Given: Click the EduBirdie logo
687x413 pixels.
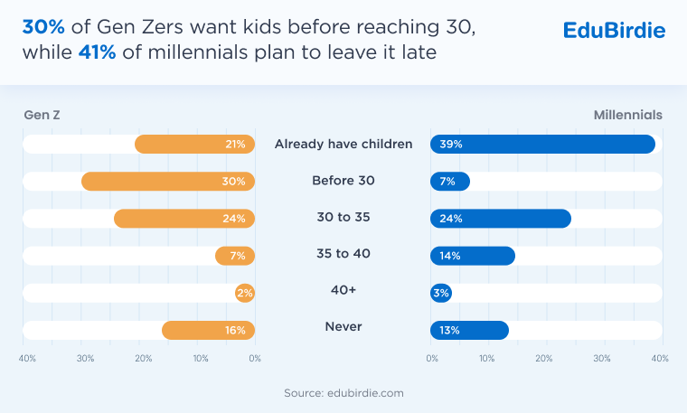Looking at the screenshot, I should [x=614, y=30].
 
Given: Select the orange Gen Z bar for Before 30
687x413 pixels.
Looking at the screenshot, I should [x=168, y=182].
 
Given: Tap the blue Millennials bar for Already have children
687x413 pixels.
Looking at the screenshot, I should [x=542, y=145].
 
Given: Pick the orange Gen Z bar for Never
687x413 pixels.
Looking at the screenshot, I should [x=208, y=330].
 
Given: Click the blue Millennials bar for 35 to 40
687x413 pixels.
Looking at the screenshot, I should [x=473, y=256].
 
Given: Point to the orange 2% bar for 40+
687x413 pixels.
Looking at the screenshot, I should [x=245, y=293].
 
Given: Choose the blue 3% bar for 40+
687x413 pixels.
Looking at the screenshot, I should [x=441, y=293].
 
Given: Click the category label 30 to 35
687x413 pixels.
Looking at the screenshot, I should [x=343, y=218].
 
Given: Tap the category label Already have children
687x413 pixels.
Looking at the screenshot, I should [x=343, y=144].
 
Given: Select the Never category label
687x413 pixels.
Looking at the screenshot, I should [x=343, y=326].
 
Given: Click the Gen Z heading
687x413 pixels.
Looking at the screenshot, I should [x=41, y=116].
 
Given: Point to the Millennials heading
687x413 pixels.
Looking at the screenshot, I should [x=628, y=116].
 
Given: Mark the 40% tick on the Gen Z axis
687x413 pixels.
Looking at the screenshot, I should [x=28, y=359].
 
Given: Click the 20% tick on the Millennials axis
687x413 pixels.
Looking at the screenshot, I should [x=544, y=359].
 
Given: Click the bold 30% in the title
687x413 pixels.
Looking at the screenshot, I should [x=41, y=27].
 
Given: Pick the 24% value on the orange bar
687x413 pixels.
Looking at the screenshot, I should [x=235, y=219].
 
